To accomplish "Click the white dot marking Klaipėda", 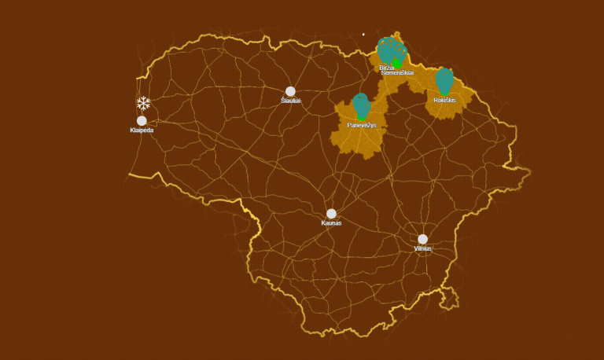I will point(142,121).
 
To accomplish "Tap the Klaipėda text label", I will point(142,130).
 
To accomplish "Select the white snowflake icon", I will point(143,103).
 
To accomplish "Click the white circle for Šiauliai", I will point(290,91).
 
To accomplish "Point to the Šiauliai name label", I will point(290,101).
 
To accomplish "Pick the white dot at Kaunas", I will point(331,214).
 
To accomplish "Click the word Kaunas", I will point(331,223).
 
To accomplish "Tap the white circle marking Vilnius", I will point(422,239).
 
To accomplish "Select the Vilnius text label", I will point(422,248).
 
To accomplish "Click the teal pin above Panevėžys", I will point(361,104).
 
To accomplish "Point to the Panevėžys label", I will point(362,125).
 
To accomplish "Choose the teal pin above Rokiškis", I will point(444,79).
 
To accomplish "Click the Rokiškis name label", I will point(444,100).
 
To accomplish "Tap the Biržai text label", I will point(386,68).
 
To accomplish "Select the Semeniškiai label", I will point(397,73).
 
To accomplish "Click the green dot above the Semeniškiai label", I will point(397,64).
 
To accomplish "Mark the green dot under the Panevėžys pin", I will point(362,117).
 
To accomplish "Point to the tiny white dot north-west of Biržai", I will point(363,35).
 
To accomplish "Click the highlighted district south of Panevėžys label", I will point(358,141).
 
